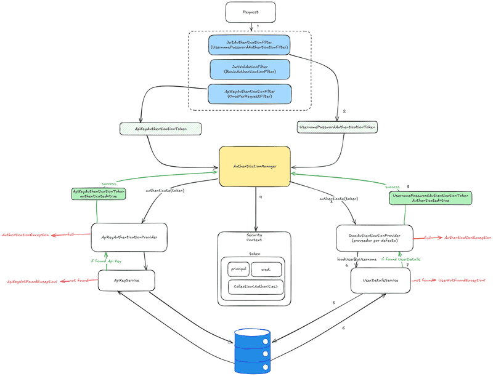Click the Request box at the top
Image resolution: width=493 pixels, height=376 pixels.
250,12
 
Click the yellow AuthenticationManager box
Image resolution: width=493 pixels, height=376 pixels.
255,166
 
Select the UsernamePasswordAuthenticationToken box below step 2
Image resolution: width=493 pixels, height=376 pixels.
337,126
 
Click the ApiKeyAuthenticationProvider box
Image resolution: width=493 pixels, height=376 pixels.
128,237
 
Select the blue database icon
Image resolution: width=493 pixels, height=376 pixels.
252,351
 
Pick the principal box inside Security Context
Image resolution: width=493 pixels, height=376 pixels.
238,270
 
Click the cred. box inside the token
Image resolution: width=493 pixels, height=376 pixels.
266,270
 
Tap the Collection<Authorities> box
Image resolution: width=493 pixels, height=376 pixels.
255,287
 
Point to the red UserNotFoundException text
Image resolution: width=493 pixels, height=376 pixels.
462,280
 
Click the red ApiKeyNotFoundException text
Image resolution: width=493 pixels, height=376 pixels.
32,281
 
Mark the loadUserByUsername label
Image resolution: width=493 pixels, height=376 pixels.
356,260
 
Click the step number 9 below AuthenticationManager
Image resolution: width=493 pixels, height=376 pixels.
260,197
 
